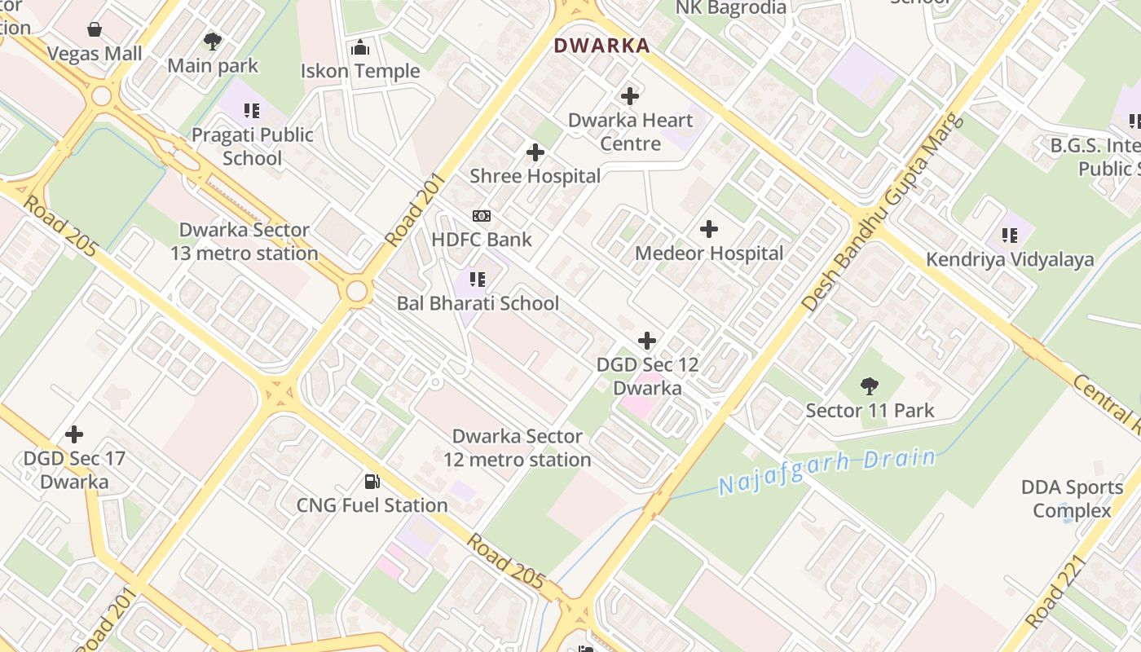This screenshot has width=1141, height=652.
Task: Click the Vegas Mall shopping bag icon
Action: (95, 30)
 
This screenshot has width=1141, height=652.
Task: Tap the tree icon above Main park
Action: (213, 41)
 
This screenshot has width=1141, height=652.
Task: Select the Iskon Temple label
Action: (360, 71)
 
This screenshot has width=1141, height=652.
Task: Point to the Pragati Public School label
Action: (253, 147)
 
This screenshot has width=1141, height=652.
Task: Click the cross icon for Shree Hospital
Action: (535, 152)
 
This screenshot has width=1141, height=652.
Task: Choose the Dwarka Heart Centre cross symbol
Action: (629, 96)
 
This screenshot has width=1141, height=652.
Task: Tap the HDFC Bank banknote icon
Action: (482, 216)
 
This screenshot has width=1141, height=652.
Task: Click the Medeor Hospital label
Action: (709, 253)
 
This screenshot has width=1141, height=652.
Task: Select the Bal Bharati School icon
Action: (478, 280)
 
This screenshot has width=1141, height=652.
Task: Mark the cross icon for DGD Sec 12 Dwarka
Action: (647, 340)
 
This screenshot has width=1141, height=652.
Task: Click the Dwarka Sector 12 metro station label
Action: (518, 448)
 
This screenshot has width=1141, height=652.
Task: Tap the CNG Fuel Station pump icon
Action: (372, 482)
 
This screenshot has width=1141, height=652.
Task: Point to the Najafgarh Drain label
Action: (826, 472)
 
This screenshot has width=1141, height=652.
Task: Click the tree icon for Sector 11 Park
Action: (870, 386)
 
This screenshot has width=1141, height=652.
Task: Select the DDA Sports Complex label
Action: (1072, 499)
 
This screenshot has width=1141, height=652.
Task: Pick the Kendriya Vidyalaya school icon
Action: (1010, 236)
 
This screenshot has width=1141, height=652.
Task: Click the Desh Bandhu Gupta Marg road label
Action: (882, 213)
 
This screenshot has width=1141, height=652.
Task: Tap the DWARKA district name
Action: (601, 46)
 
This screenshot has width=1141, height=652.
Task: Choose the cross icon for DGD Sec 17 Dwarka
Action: (74, 434)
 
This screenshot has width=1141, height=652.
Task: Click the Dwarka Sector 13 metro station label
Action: (244, 242)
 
